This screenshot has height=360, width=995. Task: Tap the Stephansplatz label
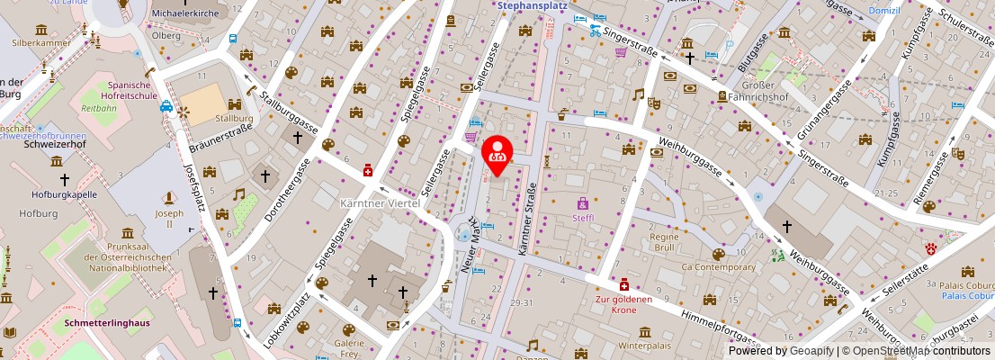click(x=536, y=4)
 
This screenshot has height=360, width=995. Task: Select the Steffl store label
click(x=582, y=217)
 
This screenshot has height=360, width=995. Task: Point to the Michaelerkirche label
click(x=185, y=13)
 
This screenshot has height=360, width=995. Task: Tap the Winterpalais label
click(x=647, y=346)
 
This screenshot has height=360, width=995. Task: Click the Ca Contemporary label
click(x=718, y=267)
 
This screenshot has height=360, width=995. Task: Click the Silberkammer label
click(x=40, y=41)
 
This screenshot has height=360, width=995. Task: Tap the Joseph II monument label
click(x=169, y=220)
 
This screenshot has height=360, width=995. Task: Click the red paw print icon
click(x=929, y=247)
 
